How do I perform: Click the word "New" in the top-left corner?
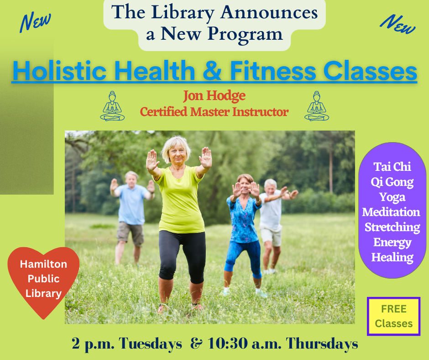pyautogui.click(x=35, y=22)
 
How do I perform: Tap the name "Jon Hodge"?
pyautogui.click(x=214, y=96)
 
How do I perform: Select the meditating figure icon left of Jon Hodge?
pyautogui.click(x=112, y=106)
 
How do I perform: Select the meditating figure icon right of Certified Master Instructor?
pyautogui.click(x=317, y=106)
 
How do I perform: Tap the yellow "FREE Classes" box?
pyautogui.click(x=393, y=316)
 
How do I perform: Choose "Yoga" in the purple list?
pyautogui.click(x=392, y=197)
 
